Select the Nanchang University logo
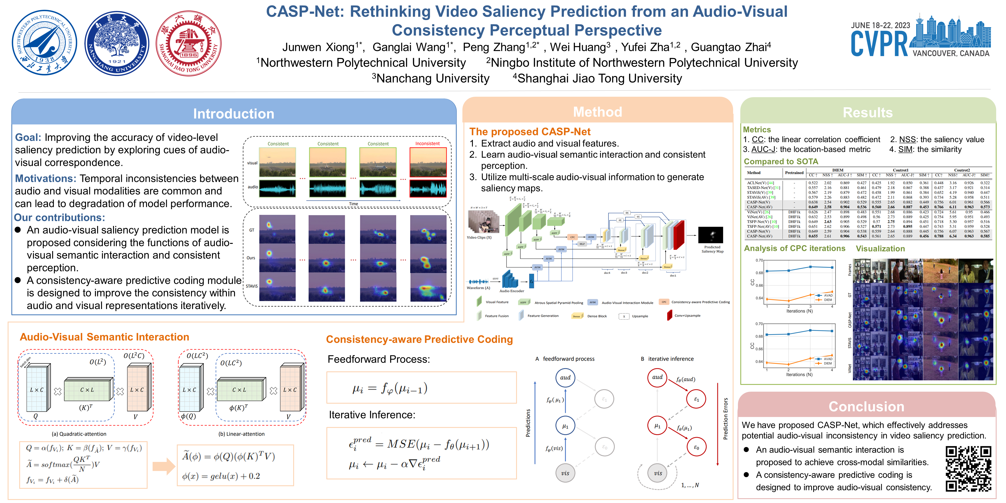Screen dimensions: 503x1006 tap(117, 43)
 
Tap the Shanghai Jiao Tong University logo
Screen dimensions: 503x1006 tap(189, 43)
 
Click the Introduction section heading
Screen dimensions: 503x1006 tap(234, 114)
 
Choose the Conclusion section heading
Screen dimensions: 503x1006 tap(866, 407)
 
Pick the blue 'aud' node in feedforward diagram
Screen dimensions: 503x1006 tap(565, 378)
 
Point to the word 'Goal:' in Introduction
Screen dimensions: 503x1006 tap(28, 138)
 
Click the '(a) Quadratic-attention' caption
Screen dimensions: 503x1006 tap(79, 434)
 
